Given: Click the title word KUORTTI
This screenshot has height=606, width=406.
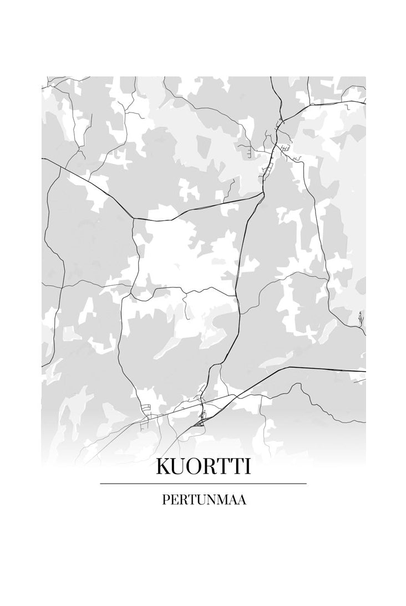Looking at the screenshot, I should coord(203,466).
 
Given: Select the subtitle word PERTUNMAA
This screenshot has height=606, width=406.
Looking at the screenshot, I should coord(204,500).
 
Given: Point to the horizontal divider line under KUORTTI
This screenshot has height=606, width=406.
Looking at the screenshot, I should coord(203,484).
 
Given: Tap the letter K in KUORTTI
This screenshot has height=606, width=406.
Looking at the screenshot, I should coord(164,466).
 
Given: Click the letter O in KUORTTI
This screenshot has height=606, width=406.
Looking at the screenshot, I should coord(196,466).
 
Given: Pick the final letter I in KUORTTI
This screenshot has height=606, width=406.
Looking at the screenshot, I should coord(247,466).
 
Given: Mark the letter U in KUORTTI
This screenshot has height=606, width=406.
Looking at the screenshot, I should coord(180,466).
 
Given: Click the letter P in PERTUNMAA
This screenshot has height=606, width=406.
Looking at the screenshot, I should coord(165,500).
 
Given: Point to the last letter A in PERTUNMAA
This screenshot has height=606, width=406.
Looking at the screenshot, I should coord(242,500).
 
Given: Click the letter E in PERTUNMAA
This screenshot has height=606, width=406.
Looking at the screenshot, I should coord(174,500).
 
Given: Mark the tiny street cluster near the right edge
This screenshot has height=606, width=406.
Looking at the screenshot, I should coord(361,318).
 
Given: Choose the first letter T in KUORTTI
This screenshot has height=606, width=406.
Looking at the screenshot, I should coord(224,466).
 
